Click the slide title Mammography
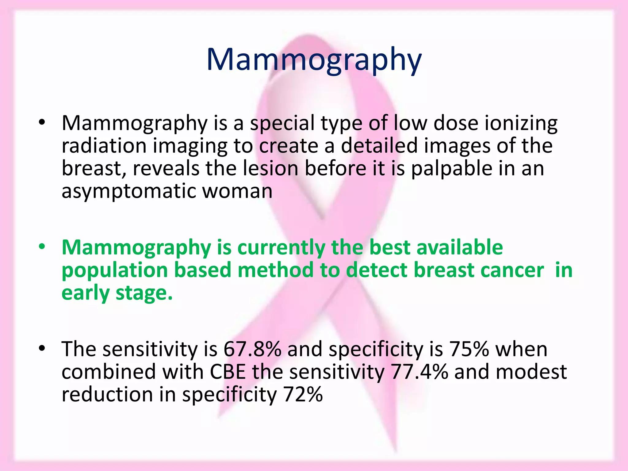point(314,60)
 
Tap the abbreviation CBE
point(228,372)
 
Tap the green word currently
point(281,247)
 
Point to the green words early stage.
point(117,293)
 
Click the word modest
point(531,372)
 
